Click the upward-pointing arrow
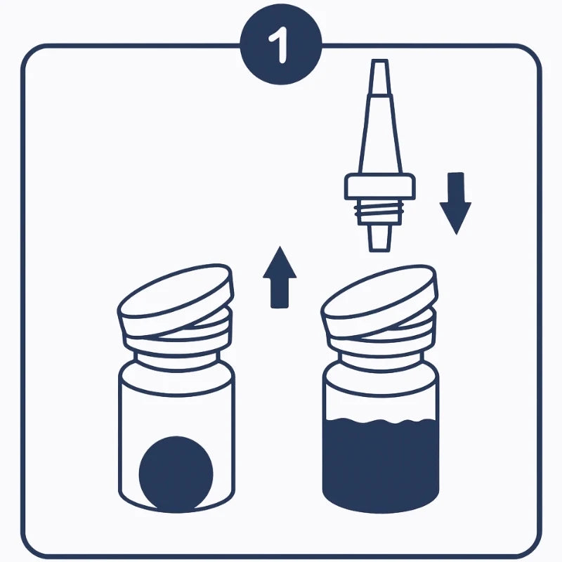(280, 277)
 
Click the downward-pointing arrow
(455, 203)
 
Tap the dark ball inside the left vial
(176, 473)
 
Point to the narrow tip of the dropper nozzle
(380, 77)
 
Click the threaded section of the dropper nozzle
(379, 212)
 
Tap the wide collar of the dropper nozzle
(380, 186)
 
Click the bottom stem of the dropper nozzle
(380, 238)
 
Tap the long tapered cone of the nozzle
(380, 134)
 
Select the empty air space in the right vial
(381, 405)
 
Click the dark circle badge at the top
(281, 44)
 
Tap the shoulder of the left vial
(177, 377)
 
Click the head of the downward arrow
(455, 217)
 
